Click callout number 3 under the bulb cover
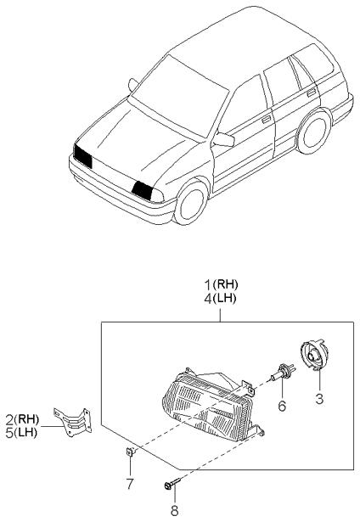pyautogui.click(x=319, y=399)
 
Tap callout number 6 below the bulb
pyautogui.click(x=282, y=406)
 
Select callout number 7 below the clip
pyautogui.click(x=130, y=484)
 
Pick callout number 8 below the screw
pyautogui.click(x=175, y=510)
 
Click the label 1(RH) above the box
pyautogui.click(x=221, y=284)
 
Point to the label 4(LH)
pyautogui.click(x=220, y=299)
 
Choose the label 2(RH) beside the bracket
pyautogui.click(x=22, y=418)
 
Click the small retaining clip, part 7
pyautogui.click(x=131, y=452)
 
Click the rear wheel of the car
pyautogui.click(x=313, y=131)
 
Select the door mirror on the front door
pyautogui.click(x=224, y=139)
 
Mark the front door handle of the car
pyautogui.click(x=266, y=120)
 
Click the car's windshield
pyautogui.click(x=181, y=96)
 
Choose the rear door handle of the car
pyautogui.click(x=311, y=93)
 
